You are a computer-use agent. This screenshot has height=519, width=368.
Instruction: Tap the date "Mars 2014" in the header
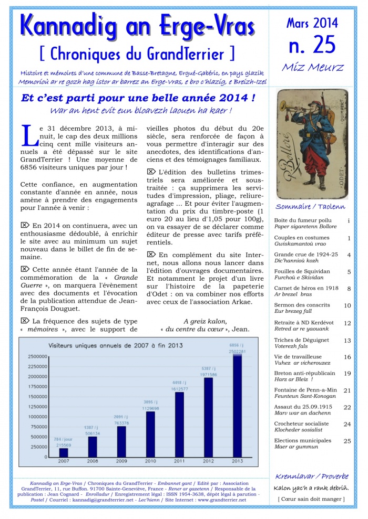point(312,23)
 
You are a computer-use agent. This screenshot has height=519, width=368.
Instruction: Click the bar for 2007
point(63,452)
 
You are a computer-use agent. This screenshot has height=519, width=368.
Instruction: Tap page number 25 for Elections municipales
point(347,441)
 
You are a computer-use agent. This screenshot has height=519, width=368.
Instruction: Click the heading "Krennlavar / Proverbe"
point(312,476)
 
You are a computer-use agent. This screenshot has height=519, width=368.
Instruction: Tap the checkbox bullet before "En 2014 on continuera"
point(24,225)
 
